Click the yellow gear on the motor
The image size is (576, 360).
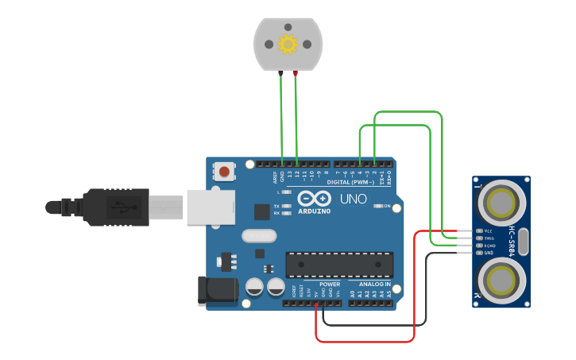coord(288,45)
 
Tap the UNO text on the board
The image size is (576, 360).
coord(354,199)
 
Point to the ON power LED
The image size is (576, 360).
coord(377,207)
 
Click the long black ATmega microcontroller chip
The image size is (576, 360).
coord(339,265)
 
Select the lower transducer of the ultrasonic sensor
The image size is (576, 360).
coord(501,280)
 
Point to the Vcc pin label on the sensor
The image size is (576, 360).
coord(489,231)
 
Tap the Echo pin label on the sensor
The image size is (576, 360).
coord(489,246)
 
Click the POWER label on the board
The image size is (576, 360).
coord(330,284)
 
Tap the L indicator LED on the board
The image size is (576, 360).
coord(287,192)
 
